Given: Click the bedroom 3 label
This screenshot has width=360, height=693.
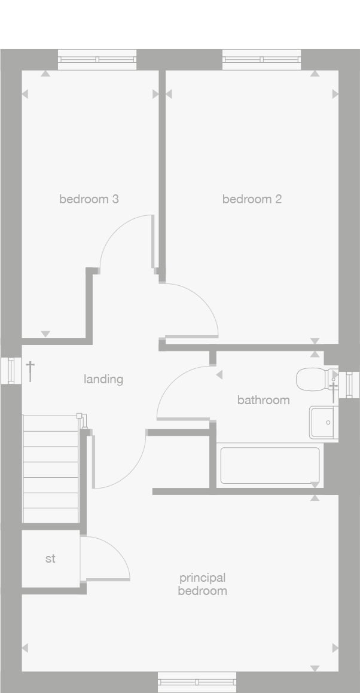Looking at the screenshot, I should coord(89,199).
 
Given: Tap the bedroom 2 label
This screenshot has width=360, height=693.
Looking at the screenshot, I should coord(252,199).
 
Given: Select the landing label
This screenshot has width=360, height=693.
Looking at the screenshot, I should coord(103,379).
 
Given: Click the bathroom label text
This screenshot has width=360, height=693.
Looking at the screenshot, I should coord(263,400).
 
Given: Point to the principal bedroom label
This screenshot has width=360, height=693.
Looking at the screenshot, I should coord(202,584).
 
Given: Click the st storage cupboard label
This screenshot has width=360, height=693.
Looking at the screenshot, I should coord(50,559).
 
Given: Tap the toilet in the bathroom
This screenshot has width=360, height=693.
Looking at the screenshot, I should coord(311,378).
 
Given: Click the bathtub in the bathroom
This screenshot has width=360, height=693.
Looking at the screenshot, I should coord(270,465).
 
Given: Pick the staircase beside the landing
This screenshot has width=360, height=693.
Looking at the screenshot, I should coord(50,469).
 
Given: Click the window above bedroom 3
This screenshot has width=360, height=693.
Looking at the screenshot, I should coord(97,59).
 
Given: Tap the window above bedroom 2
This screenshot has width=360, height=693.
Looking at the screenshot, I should coord(261,59).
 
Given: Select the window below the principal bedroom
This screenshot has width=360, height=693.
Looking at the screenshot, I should coord(197,682).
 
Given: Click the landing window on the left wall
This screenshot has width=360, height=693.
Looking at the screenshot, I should coord(11,370).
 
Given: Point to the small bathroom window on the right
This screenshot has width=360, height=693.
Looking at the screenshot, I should coord(350,383).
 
